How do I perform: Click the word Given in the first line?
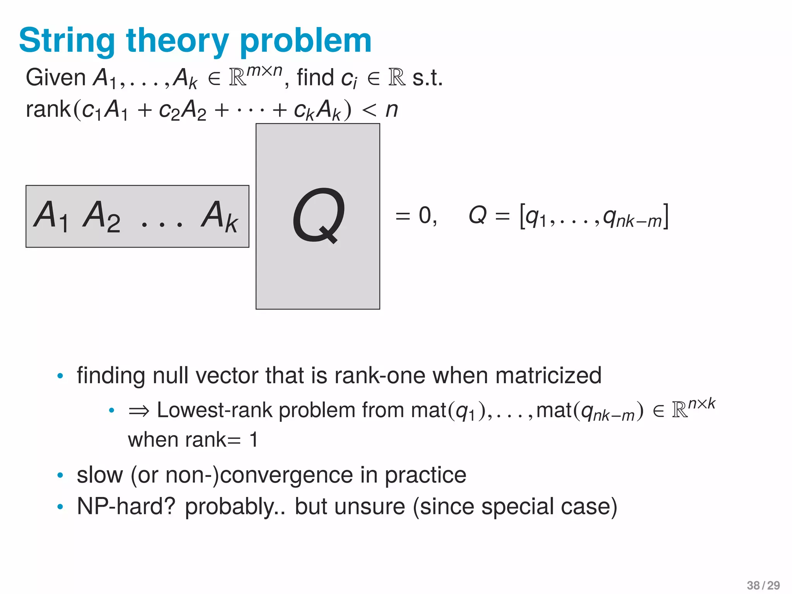point(55,77)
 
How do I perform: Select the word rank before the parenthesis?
point(48,109)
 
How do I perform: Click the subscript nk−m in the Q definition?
point(638,222)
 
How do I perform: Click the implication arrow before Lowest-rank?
point(138,411)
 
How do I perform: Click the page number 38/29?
point(763,585)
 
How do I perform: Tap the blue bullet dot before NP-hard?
point(60,507)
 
